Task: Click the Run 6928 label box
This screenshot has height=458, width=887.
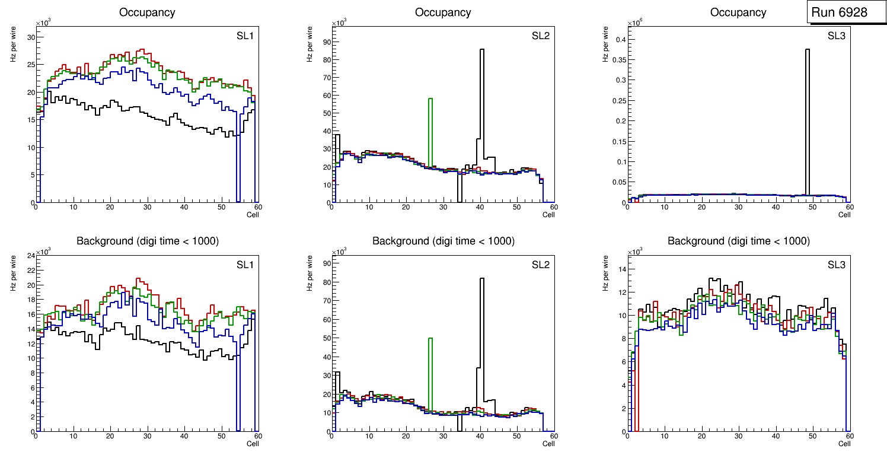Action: click(x=839, y=12)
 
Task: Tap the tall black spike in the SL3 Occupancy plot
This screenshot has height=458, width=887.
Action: click(x=807, y=119)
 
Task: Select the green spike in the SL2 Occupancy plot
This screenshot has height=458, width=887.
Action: click(x=430, y=131)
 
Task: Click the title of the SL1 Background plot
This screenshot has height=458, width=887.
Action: click(x=147, y=241)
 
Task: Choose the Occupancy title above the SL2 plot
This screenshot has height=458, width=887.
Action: click(x=443, y=12)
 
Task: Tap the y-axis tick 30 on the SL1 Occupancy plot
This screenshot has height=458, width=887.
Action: click(x=31, y=37)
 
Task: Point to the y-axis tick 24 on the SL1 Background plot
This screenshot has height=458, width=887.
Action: click(x=31, y=256)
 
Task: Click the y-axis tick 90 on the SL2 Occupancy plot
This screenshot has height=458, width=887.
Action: click(x=326, y=42)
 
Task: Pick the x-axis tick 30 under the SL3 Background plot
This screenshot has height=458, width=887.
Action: click(x=739, y=437)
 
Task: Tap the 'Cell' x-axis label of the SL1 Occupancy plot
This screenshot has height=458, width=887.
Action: click(x=253, y=214)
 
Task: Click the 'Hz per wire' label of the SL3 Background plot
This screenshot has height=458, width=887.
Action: click(x=605, y=273)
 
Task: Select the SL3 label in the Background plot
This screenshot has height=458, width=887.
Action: click(x=836, y=265)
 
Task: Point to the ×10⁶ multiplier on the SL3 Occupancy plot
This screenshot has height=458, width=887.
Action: click(x=634, y=23)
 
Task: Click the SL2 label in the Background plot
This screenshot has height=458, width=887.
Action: click(x=540, y=265)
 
